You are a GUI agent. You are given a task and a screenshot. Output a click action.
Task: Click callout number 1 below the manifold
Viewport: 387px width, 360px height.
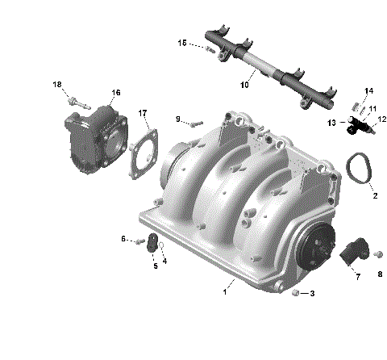click(224, 291)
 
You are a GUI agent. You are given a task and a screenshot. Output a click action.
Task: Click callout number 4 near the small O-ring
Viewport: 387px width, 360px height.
click(164, 261)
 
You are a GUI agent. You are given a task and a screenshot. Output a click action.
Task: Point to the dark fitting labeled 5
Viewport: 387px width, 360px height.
click(151, 241)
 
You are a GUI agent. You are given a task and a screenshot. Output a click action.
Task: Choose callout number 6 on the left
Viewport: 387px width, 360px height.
click(123, 239)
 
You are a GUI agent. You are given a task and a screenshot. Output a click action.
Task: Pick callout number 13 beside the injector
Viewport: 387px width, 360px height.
click(331, 123)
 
